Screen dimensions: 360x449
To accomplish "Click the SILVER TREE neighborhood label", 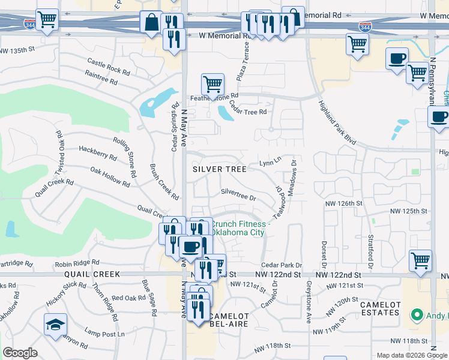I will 219,169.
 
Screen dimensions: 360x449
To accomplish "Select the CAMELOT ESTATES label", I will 380,308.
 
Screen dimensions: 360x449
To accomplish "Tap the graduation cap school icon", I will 55,324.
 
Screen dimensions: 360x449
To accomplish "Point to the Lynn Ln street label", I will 270,162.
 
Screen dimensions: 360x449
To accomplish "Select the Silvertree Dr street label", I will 238,194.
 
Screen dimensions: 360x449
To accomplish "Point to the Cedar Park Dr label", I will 281,265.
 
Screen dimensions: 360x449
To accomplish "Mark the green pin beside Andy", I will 415,314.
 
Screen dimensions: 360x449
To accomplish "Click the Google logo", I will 20,353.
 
